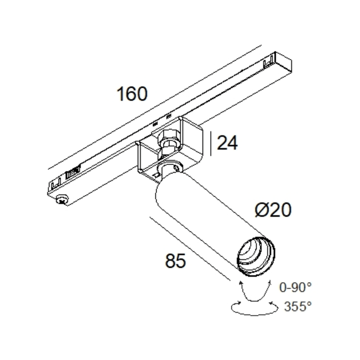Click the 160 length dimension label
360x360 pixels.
(x=132, y=94)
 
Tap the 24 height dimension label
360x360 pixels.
(x=227, y=143)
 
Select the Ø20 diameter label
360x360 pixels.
(x=273, y=209)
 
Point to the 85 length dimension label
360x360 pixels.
(x=175, y=260)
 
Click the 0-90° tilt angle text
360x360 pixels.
(x=295, y=287)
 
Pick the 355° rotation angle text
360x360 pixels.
(x=298, y=306)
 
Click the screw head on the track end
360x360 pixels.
(x=62, y=199)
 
